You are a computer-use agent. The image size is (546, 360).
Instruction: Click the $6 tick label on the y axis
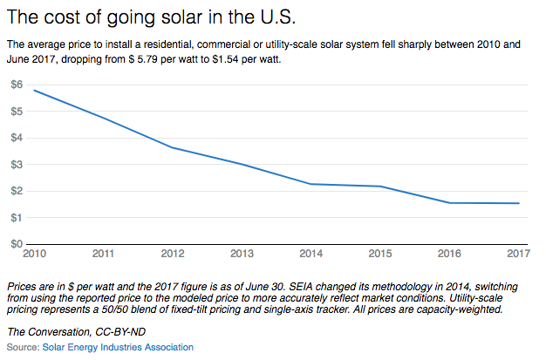[17, 84]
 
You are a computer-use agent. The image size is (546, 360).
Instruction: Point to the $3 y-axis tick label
[17, 164]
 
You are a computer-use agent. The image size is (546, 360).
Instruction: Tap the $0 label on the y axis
[17, 244]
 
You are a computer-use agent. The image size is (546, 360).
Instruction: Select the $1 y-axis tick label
[17, 217]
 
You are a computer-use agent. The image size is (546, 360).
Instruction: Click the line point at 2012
[172, 147]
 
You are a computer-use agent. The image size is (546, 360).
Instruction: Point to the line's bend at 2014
[311, 184]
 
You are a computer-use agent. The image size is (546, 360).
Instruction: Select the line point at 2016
[449, 203]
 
